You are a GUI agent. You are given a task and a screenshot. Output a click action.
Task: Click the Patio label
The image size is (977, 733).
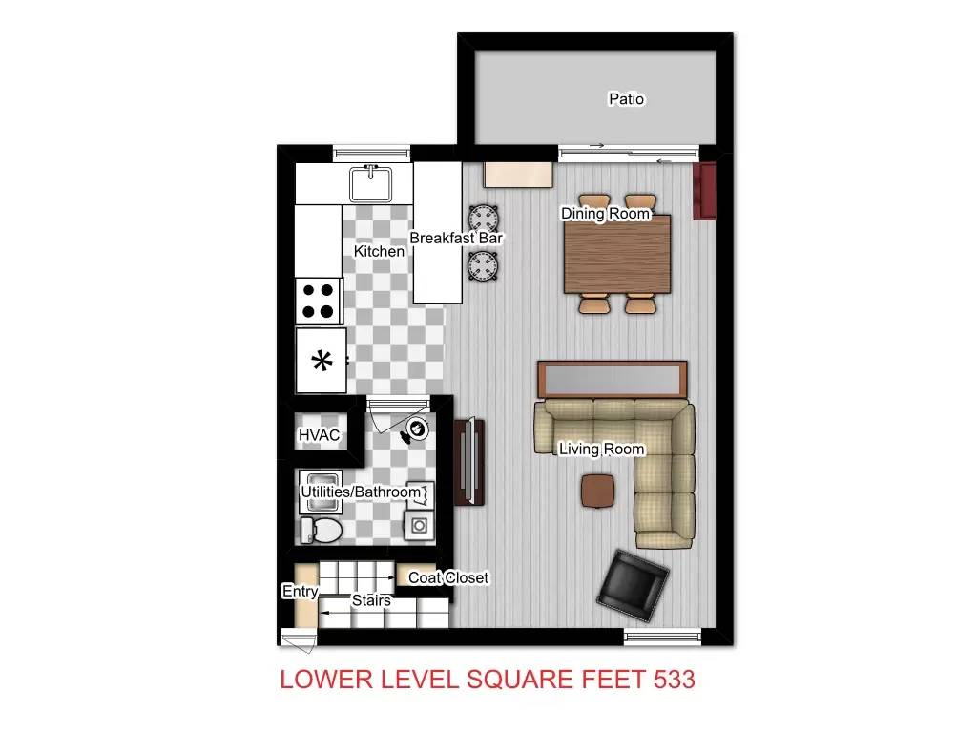point(626,99)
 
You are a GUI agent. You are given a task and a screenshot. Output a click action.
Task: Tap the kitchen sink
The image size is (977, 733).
point(371,184)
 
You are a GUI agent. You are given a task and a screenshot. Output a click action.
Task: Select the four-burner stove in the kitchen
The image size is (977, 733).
point(319,301)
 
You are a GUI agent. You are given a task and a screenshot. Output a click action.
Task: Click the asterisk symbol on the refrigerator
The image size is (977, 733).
point(322,361)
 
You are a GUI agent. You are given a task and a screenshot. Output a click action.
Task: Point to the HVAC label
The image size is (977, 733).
point(319,435)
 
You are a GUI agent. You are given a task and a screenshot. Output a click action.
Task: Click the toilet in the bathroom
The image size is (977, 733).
point(321,531)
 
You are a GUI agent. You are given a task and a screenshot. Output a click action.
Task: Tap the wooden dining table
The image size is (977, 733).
point(617,254)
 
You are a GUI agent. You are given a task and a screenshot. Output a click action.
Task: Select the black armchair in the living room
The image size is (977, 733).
point(633,585)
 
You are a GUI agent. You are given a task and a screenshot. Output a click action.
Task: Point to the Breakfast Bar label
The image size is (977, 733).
point(456,238)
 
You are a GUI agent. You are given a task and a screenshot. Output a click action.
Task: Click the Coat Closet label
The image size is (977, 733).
point(448,577)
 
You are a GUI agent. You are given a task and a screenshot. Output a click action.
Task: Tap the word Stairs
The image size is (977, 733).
point(371,600)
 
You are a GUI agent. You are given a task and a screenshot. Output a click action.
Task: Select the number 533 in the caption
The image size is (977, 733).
point(675,680)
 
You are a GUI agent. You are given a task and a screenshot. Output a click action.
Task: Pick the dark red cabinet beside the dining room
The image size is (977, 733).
point(706,191)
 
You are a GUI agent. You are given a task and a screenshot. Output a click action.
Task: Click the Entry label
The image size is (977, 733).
point(301,591)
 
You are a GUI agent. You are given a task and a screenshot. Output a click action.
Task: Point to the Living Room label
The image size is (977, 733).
point(601,449)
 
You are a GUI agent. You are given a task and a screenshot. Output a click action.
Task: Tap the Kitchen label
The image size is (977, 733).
point(379,251)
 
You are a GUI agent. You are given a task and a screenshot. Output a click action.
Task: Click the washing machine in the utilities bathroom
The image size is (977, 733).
point(419,526)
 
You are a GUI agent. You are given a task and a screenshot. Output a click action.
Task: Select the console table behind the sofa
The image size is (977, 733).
point(613,379)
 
